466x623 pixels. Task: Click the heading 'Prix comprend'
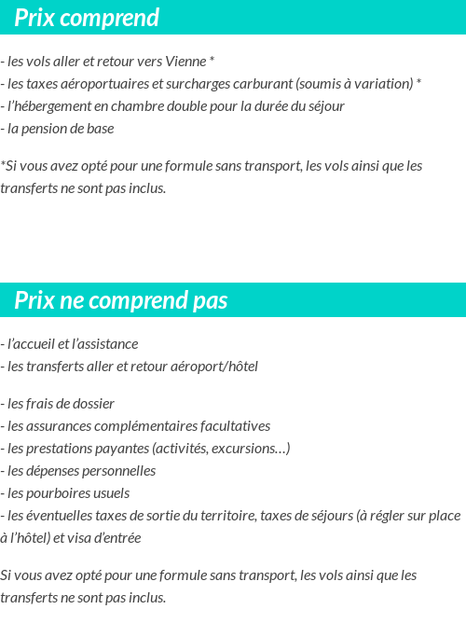click(87, 18)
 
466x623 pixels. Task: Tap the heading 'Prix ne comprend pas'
click(121, 300)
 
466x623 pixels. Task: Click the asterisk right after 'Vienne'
click(212, 61)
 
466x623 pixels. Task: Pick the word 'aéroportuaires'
click(98, 84)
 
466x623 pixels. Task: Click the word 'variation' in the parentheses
click(381, 84)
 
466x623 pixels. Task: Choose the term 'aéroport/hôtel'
click(213, 367)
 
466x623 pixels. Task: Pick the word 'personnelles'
click(118, 471)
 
